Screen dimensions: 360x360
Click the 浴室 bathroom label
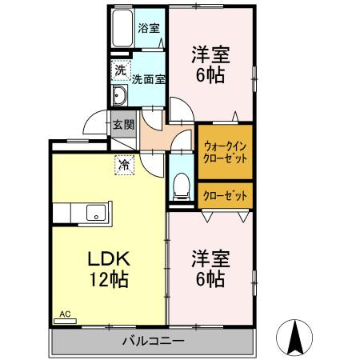coord(149,27)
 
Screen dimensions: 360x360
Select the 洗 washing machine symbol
coord(118,70)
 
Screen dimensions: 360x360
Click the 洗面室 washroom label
coord(148,79)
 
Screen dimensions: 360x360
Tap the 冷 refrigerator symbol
coord(124,165)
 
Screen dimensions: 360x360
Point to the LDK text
coord(109,261)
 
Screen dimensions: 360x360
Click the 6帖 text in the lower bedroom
coord(210,280)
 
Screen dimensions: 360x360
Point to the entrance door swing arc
coord(94,125)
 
